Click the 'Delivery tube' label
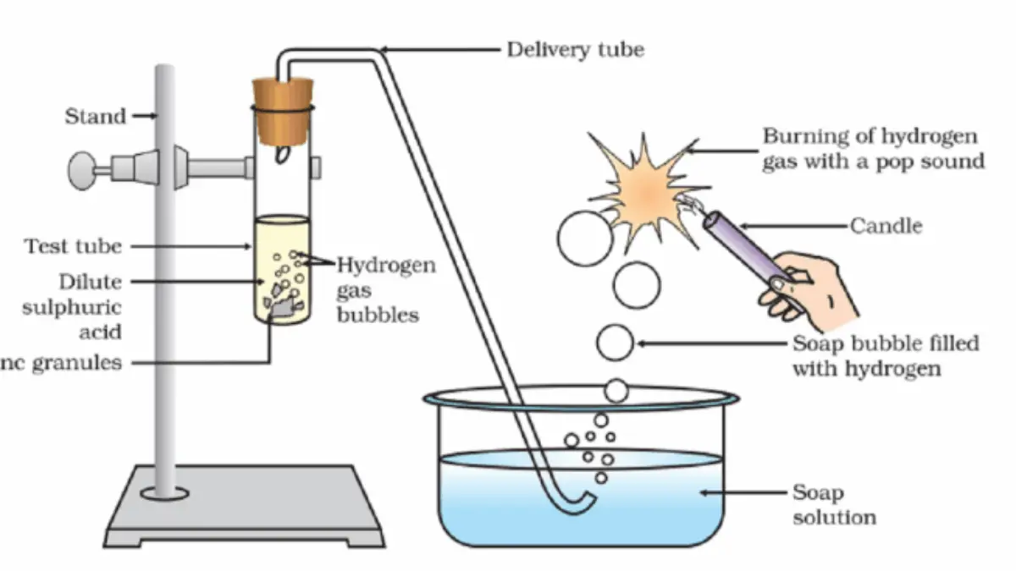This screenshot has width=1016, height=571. click(575, 50)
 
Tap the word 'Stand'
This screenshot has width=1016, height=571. click(96, 116)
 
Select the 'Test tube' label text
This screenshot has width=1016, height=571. click(73, 247)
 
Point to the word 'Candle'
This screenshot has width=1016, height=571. click(886, 226)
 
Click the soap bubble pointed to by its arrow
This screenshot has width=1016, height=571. click(615, 343)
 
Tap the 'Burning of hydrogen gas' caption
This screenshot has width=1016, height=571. click(872, 148)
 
